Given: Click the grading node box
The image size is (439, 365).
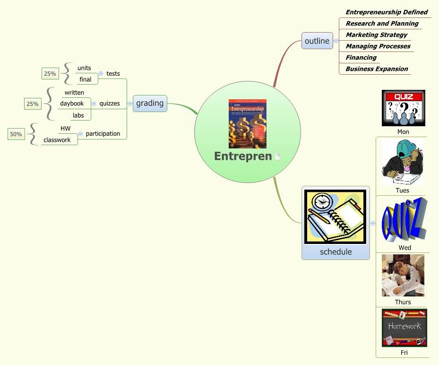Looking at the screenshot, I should pos(150,103).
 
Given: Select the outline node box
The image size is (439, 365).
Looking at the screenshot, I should pos(317,41).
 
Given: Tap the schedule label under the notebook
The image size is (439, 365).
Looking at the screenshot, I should pos(336,252).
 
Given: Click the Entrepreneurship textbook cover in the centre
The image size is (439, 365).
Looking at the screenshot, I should pos(247,124).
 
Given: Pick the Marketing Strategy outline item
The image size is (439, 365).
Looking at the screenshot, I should pos(376,35).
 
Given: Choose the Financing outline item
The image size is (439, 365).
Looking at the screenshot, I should pos(361,57).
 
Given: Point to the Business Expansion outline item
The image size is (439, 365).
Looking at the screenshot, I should pos(377,69).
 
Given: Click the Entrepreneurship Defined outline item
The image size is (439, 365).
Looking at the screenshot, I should pos(386,12).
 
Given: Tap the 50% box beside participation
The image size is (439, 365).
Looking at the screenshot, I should pos(16,134).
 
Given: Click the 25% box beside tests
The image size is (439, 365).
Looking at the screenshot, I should pos(50,73).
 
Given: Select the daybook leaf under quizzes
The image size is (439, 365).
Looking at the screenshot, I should pos(72,104).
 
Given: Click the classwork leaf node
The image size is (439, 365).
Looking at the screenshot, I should pos(57,140).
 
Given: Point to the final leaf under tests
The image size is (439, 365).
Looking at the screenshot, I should pos(86,79).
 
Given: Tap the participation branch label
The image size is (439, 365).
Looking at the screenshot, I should pos(103,134).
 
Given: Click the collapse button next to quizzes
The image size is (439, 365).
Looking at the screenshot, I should pos(94,104).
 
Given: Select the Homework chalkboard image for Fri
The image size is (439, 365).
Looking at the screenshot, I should pos(404,328).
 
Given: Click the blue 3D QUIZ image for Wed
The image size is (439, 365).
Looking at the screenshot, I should pos(404,219).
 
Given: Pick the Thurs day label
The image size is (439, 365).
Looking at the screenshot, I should pos(403,302).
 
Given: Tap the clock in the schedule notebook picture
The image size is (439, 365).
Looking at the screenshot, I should pos(321,201).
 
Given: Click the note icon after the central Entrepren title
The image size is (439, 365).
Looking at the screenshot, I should pos(278,156).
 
